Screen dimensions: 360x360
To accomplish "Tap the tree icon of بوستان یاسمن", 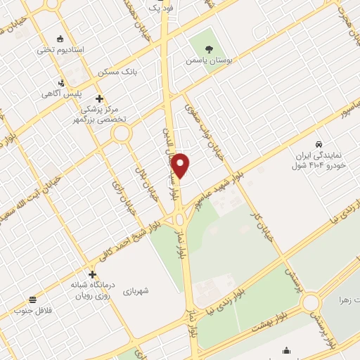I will (x=208, y=49).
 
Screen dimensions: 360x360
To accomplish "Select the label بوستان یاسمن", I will (x=208, y=61).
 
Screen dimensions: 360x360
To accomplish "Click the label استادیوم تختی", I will (x=60, y=51).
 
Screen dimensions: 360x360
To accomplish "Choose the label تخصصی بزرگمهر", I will (x=97, y=120).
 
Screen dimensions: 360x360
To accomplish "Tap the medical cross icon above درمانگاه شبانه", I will (x=92, y=274).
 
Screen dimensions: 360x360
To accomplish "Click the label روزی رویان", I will (x=89, y=296).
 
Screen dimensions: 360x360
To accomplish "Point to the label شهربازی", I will (x=138, y=290).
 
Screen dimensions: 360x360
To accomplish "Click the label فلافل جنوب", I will (x=33, y=309).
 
